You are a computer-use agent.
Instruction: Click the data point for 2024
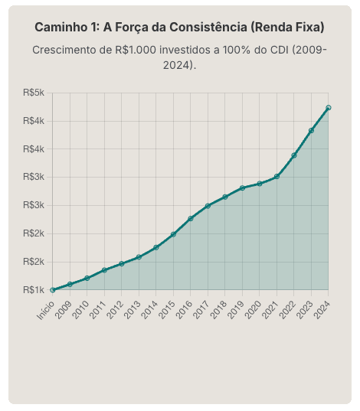click(x=328, y=108)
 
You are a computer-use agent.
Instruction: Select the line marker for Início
click(x=52, y=290)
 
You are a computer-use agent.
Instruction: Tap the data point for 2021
click(x=277, y=176)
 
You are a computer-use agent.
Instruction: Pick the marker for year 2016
click(x=190, y=218)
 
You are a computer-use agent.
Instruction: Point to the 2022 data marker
click(x=293, y=155)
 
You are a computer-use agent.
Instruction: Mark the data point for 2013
click(x=139, y=257)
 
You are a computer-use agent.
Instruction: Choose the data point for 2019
click(x=242, y=188)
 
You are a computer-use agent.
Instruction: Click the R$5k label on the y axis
click(x=34, y=93)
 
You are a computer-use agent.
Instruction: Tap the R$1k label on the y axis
click(x=34, y=290)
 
